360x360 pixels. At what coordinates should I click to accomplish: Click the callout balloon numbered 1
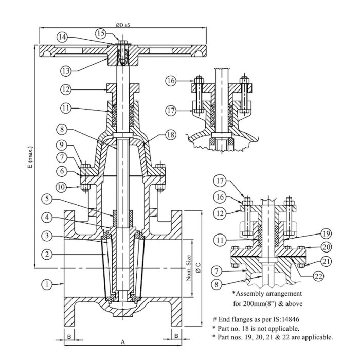point(47,283)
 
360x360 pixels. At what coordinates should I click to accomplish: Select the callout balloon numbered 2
point(47,254)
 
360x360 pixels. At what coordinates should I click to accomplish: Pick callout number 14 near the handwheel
point(62,37)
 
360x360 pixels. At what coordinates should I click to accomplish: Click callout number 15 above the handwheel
point(101,33)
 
